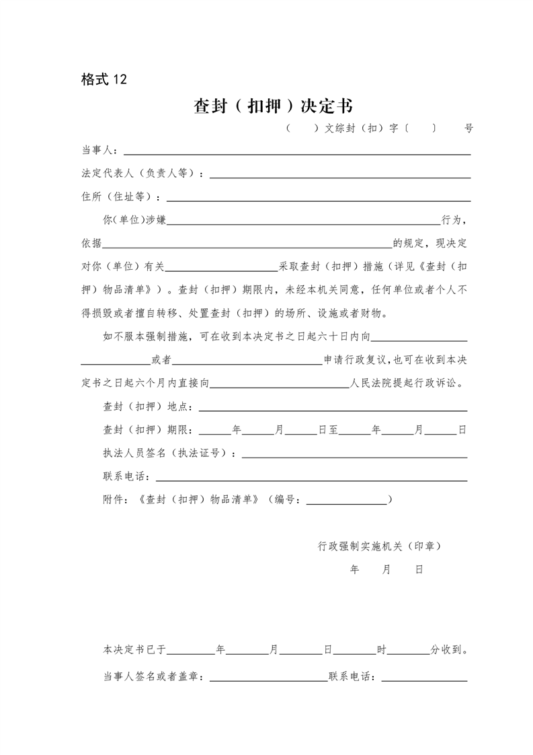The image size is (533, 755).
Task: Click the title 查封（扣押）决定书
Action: [273, 106]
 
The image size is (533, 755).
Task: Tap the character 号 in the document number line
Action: [468, 128]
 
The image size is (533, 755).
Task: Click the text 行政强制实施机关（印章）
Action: [380, 546]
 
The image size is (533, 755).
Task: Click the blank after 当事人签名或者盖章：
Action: [268, 676]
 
